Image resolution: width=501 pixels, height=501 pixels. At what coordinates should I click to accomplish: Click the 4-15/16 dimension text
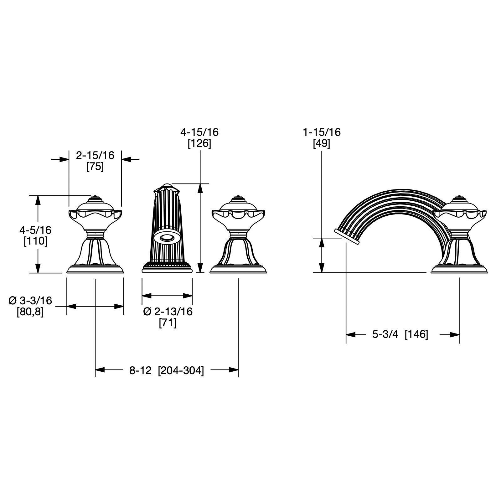pos(199,132)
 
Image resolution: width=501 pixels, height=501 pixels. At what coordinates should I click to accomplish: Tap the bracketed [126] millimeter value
pos(199,143)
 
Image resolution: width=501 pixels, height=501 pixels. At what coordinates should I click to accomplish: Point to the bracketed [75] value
pos(95,166)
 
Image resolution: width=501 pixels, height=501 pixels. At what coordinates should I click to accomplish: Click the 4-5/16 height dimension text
pos(35,230)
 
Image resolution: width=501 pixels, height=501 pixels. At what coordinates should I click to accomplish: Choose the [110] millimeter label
pos(35,241)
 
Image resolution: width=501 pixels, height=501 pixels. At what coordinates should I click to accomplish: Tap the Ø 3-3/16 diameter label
pos(30,301)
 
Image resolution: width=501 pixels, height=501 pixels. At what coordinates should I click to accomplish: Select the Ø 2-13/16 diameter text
pos(168,312)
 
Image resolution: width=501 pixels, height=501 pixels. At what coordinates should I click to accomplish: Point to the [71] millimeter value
pos(168,323)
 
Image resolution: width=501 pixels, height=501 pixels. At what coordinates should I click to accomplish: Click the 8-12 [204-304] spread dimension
pos(167,370)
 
